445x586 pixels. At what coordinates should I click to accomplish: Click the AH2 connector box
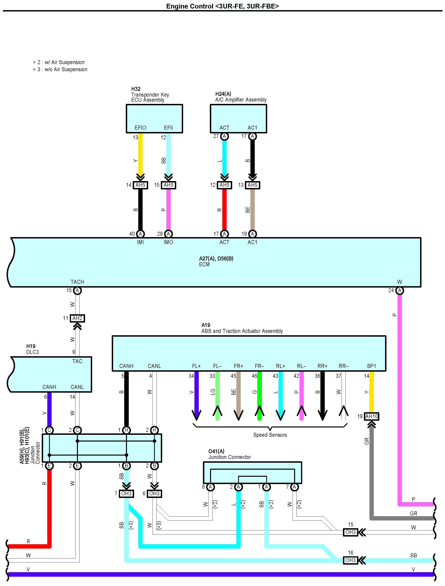pos(77,318)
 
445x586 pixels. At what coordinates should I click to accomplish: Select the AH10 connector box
pos(371,416)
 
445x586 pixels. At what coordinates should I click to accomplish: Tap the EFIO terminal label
pos(140,128)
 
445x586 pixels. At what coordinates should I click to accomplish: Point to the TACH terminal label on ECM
pos(77,282)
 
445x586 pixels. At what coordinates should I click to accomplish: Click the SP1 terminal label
pos(371,366)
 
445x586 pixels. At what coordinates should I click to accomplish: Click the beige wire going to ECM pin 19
pos(252,210)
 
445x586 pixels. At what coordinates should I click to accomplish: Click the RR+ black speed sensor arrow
pos(322,396)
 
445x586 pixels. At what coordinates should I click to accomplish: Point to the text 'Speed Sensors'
pos(270,435)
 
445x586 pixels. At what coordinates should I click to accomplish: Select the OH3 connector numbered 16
pos(350,560)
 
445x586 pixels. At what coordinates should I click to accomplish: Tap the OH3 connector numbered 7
pos(126,494)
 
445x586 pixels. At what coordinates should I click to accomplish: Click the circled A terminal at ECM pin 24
pos(400,291)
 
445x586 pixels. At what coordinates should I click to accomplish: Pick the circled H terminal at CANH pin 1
pos(126,430)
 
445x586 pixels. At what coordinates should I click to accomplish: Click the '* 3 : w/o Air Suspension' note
pos(60,69)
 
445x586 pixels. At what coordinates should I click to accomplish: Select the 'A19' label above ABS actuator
pos(206,325)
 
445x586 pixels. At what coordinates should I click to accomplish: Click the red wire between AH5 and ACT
pos(224,210)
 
